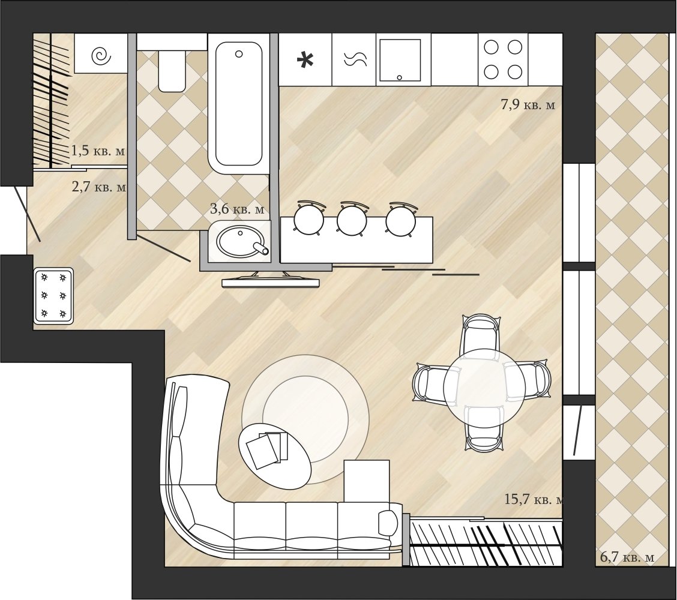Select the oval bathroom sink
[240, 242]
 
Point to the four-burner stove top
[502, 59]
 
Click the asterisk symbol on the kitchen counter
[305, 60]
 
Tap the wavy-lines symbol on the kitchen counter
[355, 59]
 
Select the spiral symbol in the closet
[101, 55]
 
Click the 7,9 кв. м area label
[528, 105]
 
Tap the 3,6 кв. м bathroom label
[236, 209]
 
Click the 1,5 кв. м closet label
[98, 151]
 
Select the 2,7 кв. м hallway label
[99, 187]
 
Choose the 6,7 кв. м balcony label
[627, 557]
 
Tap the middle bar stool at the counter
[352, 218]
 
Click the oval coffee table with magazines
[274, 455]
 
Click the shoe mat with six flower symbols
[53, 296]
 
